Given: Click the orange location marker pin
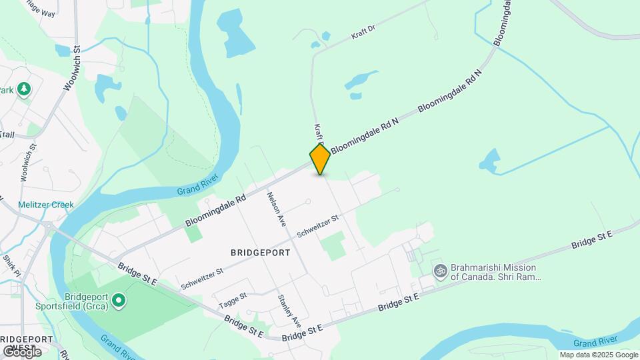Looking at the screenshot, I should pyautogui.click(x=320, y=159).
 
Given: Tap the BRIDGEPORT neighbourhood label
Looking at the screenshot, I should pyautogui.click(x=261, y=253).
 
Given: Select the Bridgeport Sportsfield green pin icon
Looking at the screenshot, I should pyautogui.click(x=119, y=301).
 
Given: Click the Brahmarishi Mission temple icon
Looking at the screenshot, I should pyautogui.click(x=439, y=271).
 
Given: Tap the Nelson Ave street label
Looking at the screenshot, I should pyautogui.click(x=276, y=207).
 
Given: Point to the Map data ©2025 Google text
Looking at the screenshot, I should pyautogui.click(x=599, y=355).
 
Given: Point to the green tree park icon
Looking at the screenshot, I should pyautogui.click(x=24, y=89).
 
